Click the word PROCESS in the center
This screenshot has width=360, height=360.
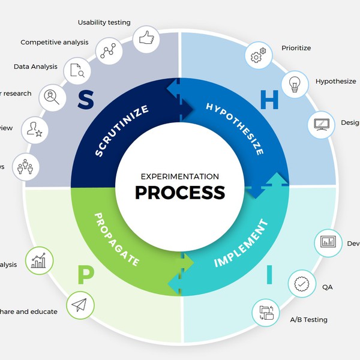coord(180,193)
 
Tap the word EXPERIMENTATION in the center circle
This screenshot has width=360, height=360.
coord(180,176)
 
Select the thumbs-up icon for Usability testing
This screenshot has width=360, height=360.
coord(146,39)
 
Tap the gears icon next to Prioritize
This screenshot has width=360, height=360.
coord(258,56)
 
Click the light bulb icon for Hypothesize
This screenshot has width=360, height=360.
coord(295,85)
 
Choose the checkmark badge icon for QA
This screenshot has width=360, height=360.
coord(302,283)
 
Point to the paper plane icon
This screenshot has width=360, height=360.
coord(80,306)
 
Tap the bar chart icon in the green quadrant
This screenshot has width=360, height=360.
coord(39,261)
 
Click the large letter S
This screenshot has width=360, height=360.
coord(86,100)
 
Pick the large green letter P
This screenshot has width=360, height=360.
coord(86,275)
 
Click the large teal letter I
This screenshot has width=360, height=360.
coord(269,275)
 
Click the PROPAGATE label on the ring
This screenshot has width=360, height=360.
coord(117,239)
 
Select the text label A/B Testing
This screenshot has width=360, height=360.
coord(308,320)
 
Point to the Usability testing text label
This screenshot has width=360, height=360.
coord(104,23)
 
